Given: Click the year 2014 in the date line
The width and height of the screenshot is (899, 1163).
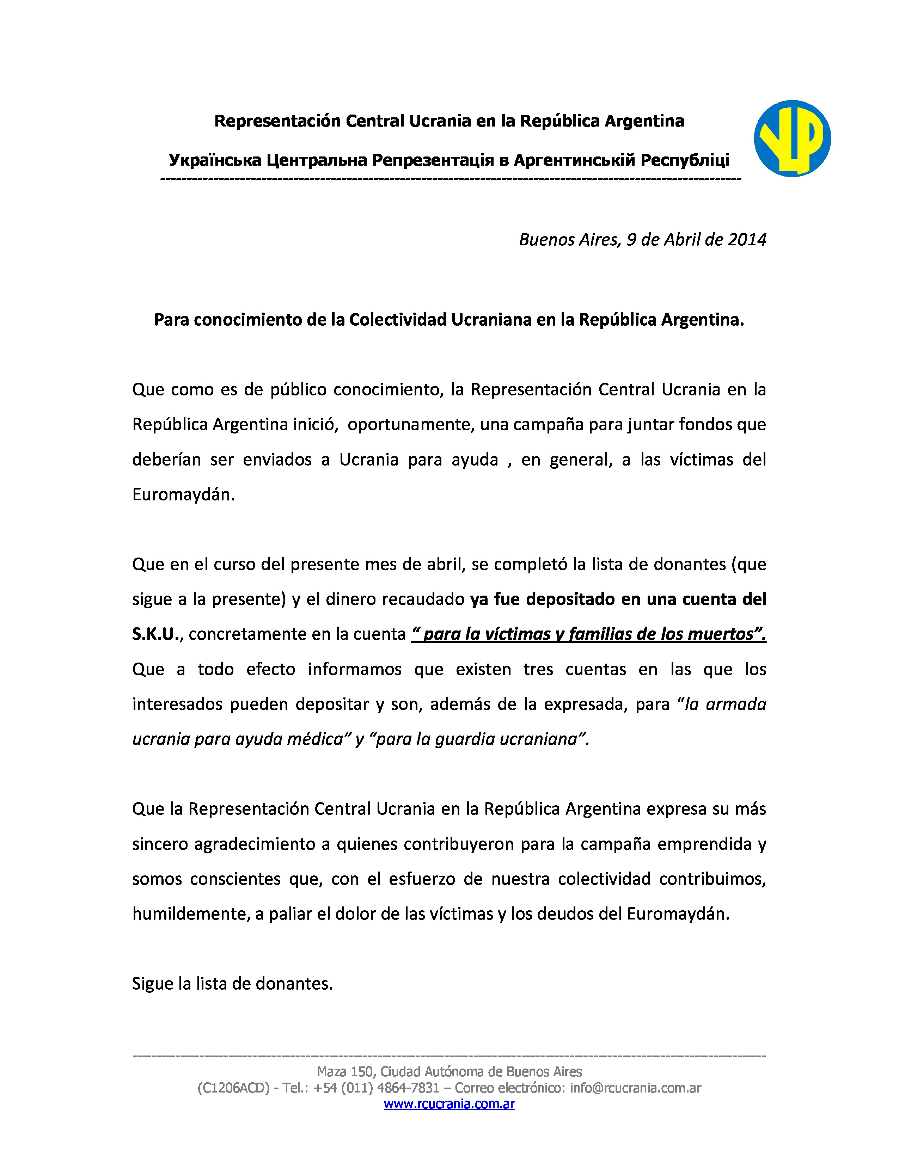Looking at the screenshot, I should point(747,240).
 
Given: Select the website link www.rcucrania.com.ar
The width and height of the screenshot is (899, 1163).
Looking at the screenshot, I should point(449,1104).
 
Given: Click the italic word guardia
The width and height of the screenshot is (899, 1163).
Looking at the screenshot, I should point(465,739).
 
